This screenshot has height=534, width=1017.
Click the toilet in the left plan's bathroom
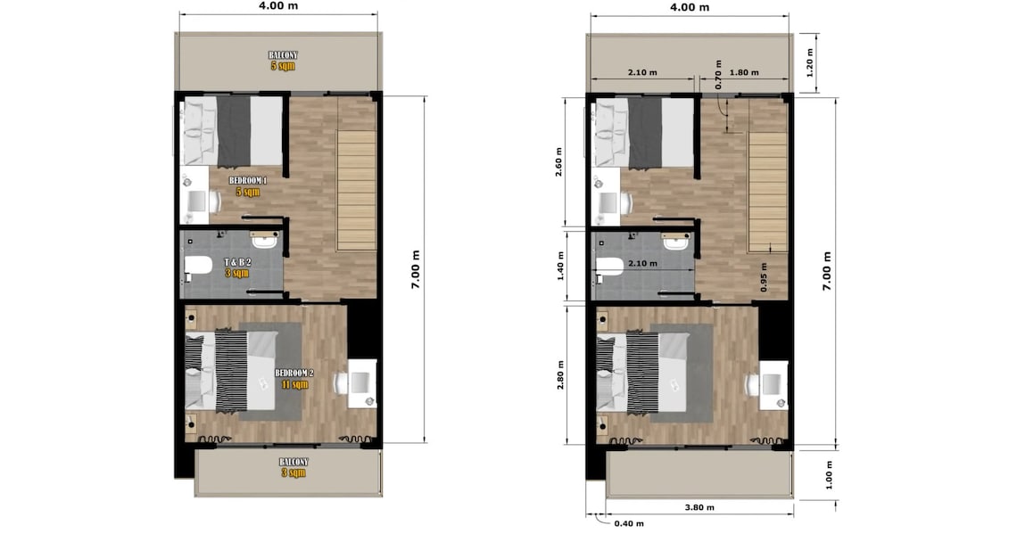pyautogui.click(x=197, y=265)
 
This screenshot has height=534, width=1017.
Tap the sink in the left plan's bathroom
pyautogui.click(x=265, y=240)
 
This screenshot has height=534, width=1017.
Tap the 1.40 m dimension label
pyautogui.click(x=561, y=265)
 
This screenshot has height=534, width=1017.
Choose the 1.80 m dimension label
pyautogui.click(x=743, y=73)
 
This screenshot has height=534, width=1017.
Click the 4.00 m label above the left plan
pyautogui.click(x=278, y=6)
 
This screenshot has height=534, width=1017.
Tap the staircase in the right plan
pyautogui.click(x=767, y=192)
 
